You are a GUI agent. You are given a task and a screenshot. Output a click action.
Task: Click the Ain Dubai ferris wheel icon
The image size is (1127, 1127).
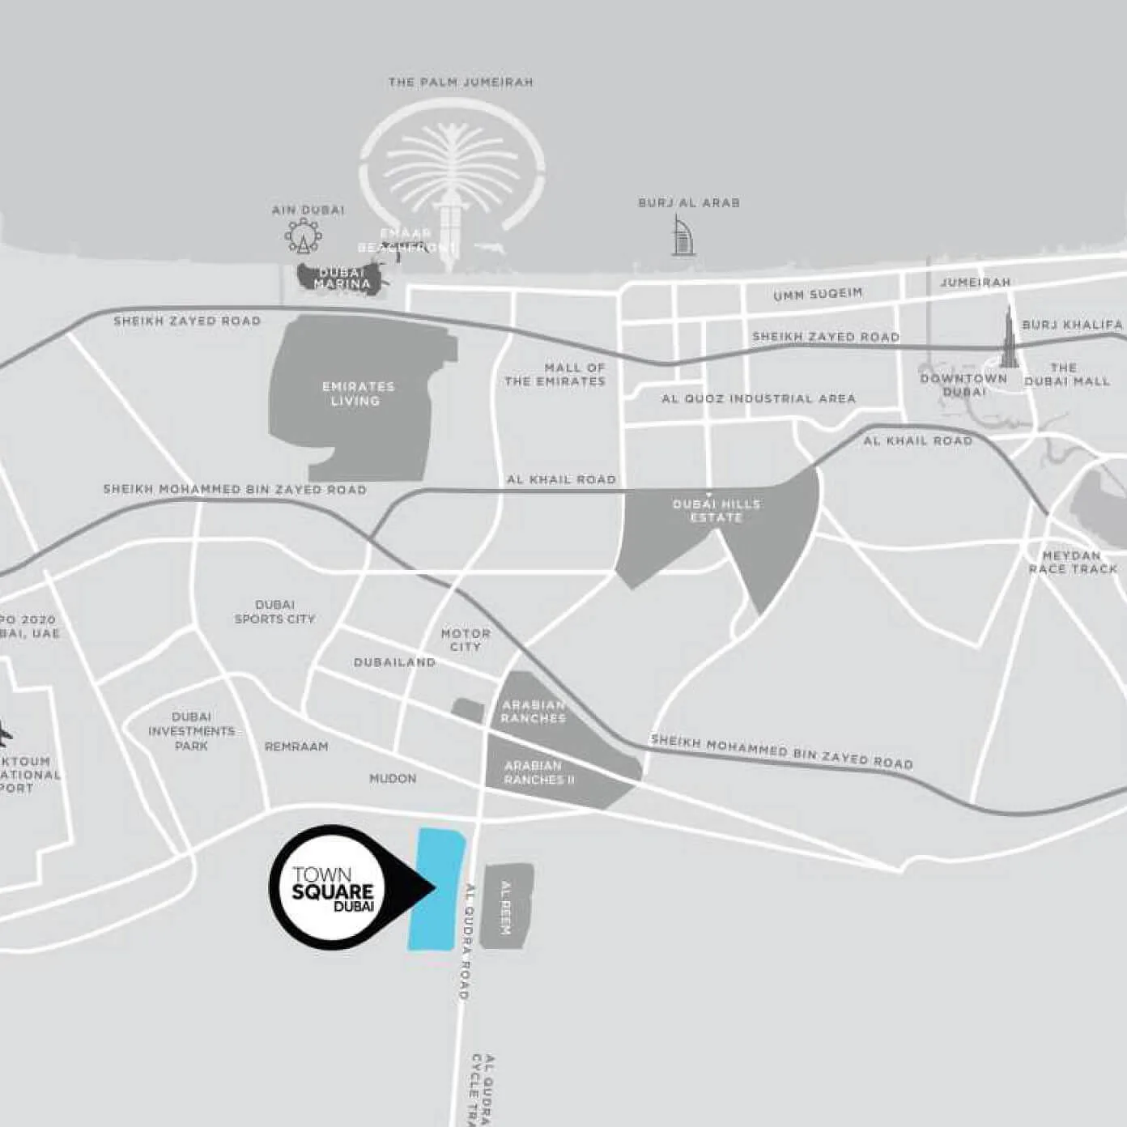pos(303,237)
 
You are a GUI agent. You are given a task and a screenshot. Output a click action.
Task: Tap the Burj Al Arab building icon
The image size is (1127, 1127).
pos(683,236)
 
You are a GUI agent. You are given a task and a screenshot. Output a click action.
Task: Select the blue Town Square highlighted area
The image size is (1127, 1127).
pos(436,888)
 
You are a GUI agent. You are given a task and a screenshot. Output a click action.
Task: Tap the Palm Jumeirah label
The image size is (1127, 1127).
pos(460,83)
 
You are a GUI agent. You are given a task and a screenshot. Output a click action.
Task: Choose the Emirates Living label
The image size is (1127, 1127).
pos(357,393)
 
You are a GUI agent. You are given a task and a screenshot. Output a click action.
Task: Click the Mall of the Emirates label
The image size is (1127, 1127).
pos(555,374)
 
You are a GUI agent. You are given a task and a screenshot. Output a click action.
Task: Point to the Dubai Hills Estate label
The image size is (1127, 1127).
pos(717,510)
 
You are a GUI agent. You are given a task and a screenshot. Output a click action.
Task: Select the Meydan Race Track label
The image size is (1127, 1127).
pos(1072,562)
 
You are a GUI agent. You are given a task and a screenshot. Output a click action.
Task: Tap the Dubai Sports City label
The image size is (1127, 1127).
pos(274,611)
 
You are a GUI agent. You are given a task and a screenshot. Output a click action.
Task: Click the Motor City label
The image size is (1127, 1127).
pos(466,640)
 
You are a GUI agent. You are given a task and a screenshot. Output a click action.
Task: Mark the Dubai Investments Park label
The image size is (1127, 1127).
pos(192,731)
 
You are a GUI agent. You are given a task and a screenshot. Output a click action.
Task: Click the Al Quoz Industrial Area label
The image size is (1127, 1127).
pos(758,398)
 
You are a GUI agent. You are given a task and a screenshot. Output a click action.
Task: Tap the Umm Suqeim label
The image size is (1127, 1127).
pos(818,294)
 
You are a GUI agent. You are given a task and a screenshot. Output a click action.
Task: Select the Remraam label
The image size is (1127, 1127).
pos(296,746)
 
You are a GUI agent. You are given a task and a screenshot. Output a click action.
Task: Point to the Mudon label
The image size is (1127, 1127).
pos(393,779)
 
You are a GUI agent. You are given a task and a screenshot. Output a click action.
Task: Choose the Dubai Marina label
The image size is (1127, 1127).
pos(342,279)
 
